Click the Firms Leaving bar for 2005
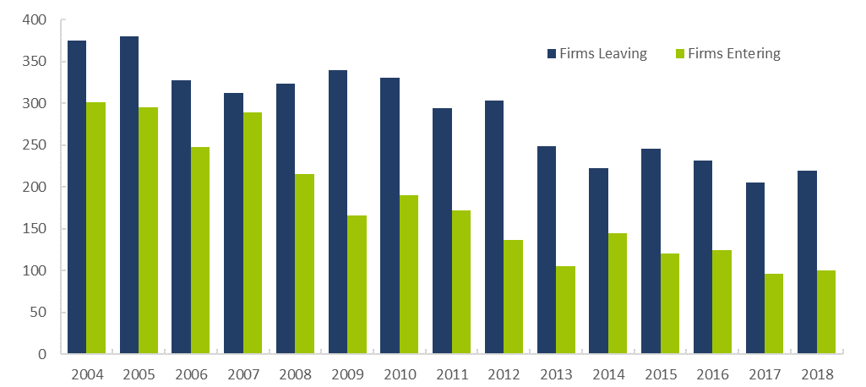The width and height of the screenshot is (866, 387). coord(129,194)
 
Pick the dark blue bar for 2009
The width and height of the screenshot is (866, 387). coord(338,212)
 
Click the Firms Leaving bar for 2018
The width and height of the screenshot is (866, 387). coord(807,262)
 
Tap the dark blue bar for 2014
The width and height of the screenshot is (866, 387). coord(598,261)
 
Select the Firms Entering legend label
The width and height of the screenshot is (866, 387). coord(733,54)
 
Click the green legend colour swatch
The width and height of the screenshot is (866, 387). coord(680,54)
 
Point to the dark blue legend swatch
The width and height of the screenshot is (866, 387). coord(552,54)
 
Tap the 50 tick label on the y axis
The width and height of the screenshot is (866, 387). coord(40,313)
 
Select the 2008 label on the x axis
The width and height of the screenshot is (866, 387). coord(295,373)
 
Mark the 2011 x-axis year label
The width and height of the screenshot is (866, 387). coord(451,373)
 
